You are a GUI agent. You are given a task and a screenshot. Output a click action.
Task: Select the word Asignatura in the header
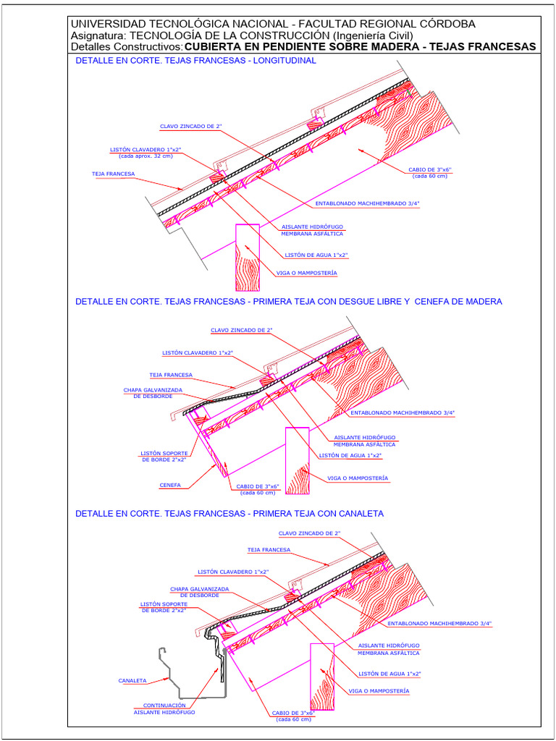coord(97,35)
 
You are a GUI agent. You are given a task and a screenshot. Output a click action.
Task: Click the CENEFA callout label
coord(170,485)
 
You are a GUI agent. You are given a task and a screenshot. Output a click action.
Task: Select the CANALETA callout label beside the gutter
coord(132,680)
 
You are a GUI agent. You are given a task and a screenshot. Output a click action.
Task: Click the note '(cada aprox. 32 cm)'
coord(146,156)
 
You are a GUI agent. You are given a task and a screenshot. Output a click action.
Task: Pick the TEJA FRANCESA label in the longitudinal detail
coord(113,174)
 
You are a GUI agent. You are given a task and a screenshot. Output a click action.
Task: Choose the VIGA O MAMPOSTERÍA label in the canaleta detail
coord(379,691)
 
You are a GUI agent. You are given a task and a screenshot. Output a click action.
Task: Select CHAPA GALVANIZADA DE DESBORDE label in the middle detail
coord(153,393)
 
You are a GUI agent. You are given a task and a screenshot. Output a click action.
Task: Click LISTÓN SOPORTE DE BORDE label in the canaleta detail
coord(164,607)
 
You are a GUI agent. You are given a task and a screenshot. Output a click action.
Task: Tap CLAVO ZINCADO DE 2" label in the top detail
coord(190,126)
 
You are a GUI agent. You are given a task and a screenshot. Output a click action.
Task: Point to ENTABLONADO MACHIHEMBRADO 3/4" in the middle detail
coord(408,412)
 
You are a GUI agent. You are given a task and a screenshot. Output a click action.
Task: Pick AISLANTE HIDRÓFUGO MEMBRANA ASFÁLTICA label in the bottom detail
coord(389,648)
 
